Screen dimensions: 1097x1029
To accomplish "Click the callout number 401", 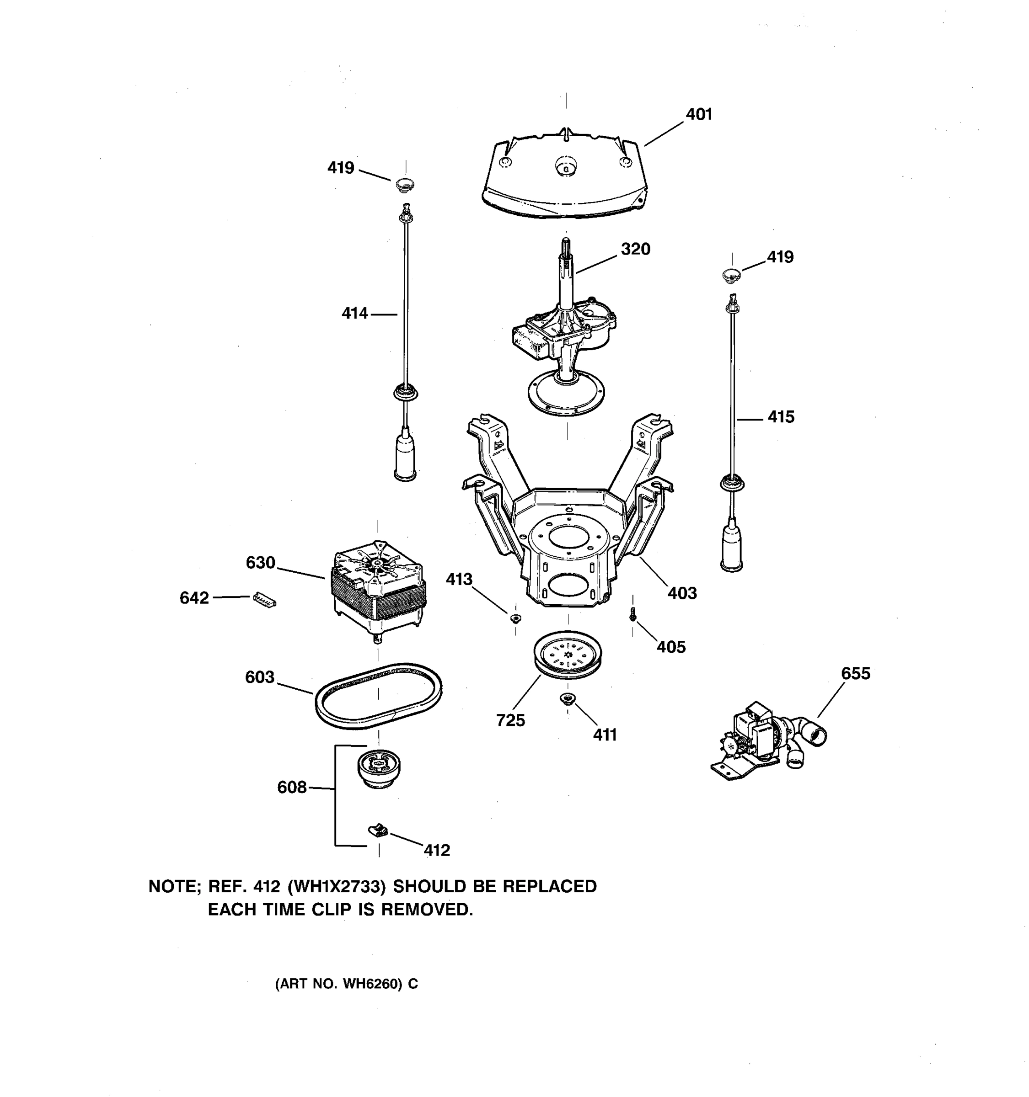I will pos(698,114).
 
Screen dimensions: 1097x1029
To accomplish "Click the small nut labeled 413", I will pos(515,618).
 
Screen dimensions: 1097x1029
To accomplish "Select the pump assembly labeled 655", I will pos(767,740).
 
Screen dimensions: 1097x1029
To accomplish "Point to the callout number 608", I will pos(291,787).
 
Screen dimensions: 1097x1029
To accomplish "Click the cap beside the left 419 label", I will pos(406,184).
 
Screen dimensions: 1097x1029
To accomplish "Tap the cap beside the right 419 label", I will pos(731,274).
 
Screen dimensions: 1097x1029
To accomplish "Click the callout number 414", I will pos(354,314).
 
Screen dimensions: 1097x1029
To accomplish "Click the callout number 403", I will pos(682,593).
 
